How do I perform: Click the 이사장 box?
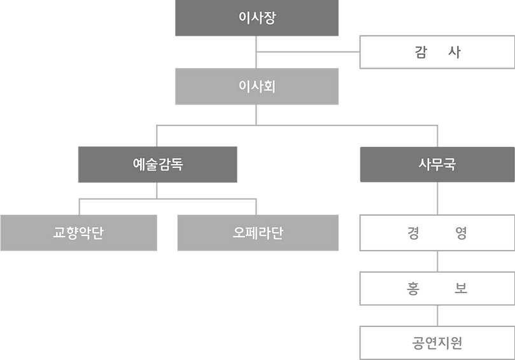point(257,18)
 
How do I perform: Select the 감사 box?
point(437,52)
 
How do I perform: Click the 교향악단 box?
point(78,232)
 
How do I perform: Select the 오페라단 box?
point(257,232)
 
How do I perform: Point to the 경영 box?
point(437,233)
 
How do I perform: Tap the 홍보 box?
point(437,288)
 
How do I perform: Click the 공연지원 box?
point(437,343)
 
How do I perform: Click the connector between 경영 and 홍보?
point(437,261)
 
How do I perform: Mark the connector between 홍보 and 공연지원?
point(437,315)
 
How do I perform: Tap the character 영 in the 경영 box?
point(462,233)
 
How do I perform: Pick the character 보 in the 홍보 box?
point(462,288)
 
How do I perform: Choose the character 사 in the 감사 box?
point(455,53)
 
